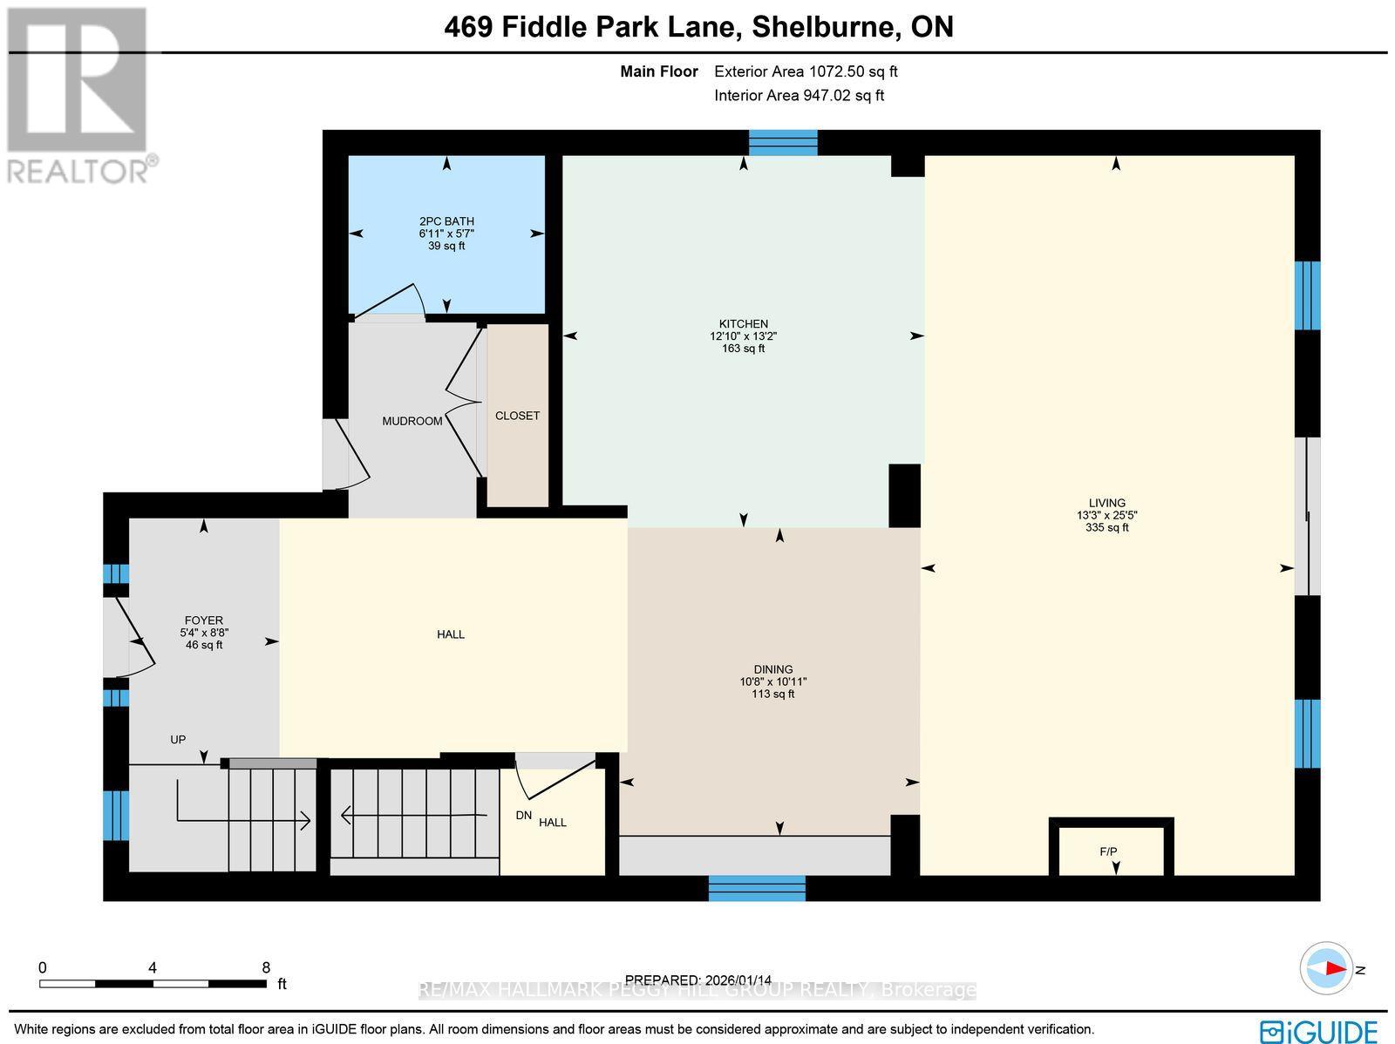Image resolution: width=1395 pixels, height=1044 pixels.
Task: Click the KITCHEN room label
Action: pyautogui.click(x=743, y=323)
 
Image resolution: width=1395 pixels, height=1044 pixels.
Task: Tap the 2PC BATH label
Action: pyautogui.click(x=446, y=221)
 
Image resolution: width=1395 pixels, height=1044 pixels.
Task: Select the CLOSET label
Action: pyautogui.click(x=517, y=416)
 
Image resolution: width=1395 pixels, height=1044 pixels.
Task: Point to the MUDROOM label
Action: pyautogui.click(x=412, y=421)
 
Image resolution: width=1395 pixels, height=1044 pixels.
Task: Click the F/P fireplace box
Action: pyautogui.click(x=1110, y=850)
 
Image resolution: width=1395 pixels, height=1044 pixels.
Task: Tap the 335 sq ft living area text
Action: pyautogui.click(x=1106, y=527)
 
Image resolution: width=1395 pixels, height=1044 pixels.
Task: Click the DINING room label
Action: pyautogui.click(x=773, y=669)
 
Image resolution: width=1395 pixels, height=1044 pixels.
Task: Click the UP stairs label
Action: pyautogui.click(x=178, y=739)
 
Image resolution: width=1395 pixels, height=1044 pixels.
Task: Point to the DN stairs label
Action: pyautogui.click(x=523, y=815)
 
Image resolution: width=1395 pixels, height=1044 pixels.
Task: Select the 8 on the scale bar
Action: pyautogui.click(x=266, y=967)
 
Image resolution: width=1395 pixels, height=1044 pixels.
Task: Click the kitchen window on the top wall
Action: pyautogui.click(x=783, y=142)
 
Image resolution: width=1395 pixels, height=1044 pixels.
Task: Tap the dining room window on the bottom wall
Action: pyautogui.click(x=757, y=888)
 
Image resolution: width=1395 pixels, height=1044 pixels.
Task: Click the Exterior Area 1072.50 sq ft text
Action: pyautogui.click(x=806, y=71)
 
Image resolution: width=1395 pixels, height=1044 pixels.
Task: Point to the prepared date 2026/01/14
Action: pyautogui.click(x=697, y=980)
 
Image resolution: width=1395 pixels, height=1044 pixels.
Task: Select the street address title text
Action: pyautogui.click(x=698, y=27)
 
